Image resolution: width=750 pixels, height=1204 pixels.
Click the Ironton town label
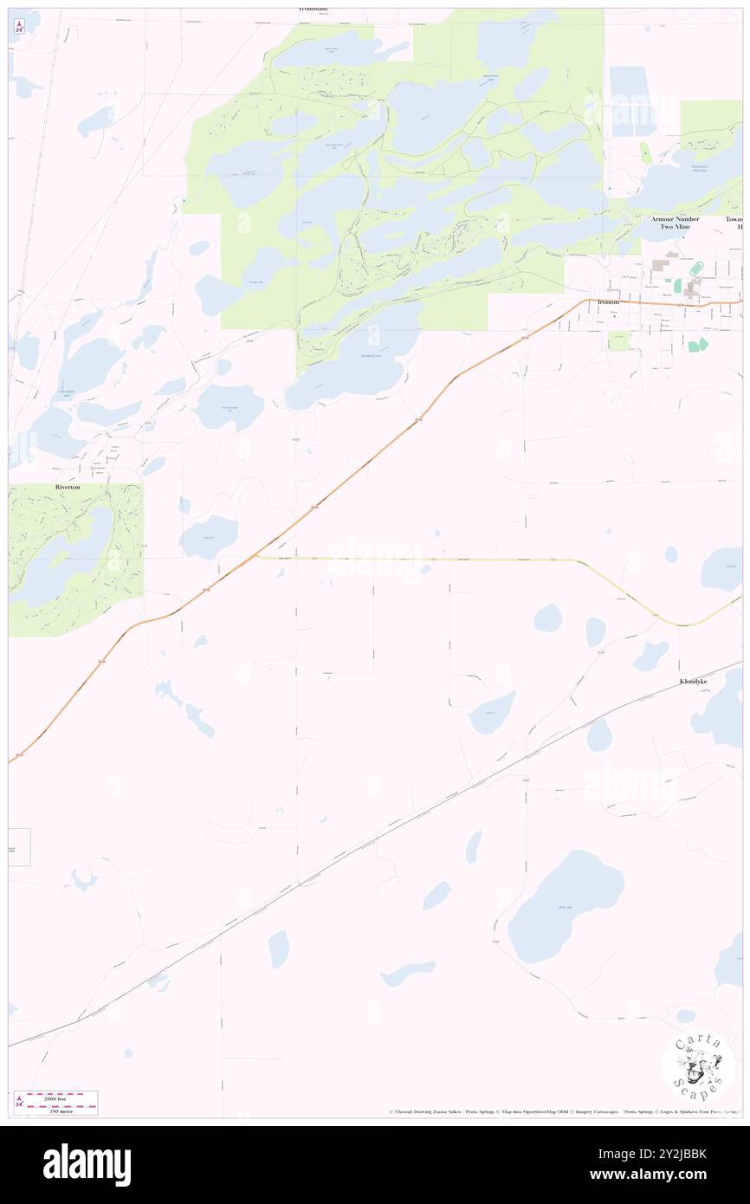click(607, 302)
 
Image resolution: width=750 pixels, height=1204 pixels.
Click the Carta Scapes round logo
click(698, 1067)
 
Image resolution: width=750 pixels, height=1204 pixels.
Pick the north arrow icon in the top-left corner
click(19, 26)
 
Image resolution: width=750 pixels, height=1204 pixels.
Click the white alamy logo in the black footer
click(87, 1164)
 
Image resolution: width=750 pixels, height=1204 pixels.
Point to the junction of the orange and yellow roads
click(256, 555)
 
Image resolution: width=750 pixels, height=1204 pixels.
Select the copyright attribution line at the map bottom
click(563, 1111)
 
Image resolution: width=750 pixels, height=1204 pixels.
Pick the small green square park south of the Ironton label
click(617, 340)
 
